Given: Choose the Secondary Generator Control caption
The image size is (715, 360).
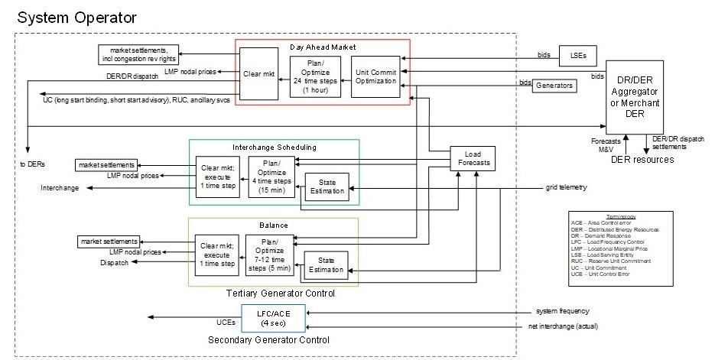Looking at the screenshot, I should pos(275,339).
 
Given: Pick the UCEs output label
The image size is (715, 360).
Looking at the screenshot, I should pos(226,322).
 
